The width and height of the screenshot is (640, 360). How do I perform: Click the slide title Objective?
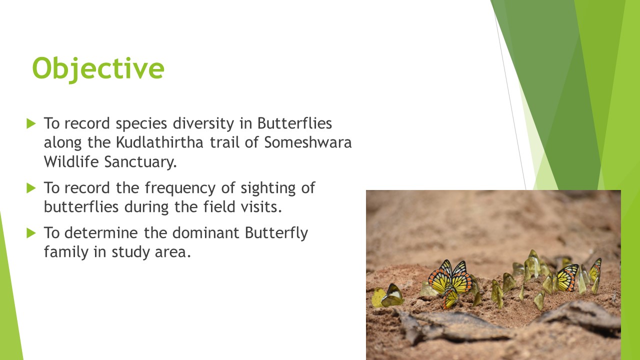coord(98,68)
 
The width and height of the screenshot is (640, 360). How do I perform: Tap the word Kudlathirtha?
coord(159,142)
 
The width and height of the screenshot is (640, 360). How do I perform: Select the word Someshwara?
coord(307,142)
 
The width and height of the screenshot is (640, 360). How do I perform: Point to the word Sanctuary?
coord(140,162)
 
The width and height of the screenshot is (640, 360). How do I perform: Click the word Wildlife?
coord(71,161)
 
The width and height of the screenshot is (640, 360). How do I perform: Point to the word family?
coord(66,252)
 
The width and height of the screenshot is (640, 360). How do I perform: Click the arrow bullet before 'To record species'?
coord(31,123)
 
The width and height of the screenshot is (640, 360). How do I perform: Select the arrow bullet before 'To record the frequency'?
coord(31,188)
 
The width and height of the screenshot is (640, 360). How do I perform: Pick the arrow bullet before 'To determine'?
coord(31,233)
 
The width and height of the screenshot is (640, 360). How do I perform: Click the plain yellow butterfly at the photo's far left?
coord(378,297)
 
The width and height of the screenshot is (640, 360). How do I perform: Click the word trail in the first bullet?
coord(224,142)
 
